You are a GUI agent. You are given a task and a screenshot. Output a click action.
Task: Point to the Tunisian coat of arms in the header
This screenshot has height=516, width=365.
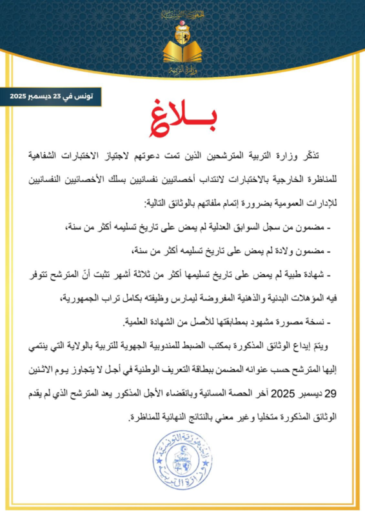pos(182,28)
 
